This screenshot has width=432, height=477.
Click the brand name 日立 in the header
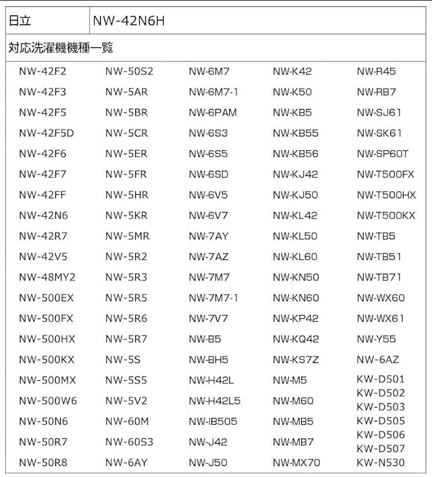coord(19,21)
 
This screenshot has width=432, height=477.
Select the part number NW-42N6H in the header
coord(129,21)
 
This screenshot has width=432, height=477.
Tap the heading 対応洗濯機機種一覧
coord(61,48)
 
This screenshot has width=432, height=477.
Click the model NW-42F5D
coord(46,134)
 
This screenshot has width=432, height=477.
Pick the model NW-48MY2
coord(47,277)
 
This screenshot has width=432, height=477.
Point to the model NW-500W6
coord(48,401)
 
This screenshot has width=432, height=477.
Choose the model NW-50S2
coord(129,71)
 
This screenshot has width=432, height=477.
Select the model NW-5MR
coord(127,236)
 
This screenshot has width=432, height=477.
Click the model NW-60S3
coord(129,442)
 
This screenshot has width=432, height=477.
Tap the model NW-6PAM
coord(213,113)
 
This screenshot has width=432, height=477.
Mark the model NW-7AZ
coord(208,257)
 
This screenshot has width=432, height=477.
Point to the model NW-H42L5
coord(214,401)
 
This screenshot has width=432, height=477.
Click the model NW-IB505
coord(213,421)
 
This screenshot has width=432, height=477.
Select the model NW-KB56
coord(295,154)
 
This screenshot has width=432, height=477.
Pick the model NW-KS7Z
coord(295,359)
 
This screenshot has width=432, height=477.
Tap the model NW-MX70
coord(296,462)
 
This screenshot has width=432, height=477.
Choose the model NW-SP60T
coord(382,154)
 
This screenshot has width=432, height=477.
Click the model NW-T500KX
coord(386,216)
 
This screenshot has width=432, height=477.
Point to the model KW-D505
coord(380,421)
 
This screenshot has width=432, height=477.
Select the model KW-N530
coord(380,462)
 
